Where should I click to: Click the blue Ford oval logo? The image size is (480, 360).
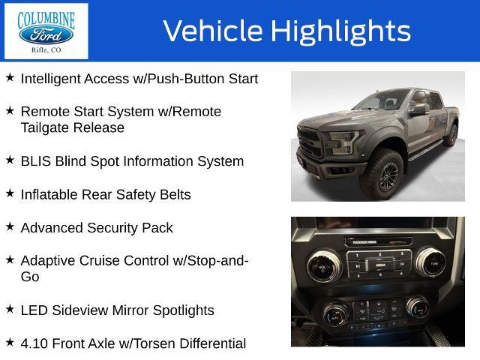[46, 35]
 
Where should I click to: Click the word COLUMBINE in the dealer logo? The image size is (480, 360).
[46, 19]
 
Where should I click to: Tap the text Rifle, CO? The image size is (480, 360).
[46, 50]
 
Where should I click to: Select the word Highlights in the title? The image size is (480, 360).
[340, 31]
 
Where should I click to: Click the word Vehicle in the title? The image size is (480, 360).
[213, 31]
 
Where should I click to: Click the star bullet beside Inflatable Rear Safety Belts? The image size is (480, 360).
[10, 193]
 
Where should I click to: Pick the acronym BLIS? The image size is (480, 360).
[36, 161]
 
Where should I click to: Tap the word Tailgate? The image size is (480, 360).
[45, 128]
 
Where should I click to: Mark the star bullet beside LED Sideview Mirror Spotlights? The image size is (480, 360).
[10, 309]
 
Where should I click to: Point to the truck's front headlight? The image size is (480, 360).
[342, 142]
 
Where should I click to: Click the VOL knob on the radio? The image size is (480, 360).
[324, 266]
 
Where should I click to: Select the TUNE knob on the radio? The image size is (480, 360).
[430, 262]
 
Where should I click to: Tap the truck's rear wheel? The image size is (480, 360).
[451, 135]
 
